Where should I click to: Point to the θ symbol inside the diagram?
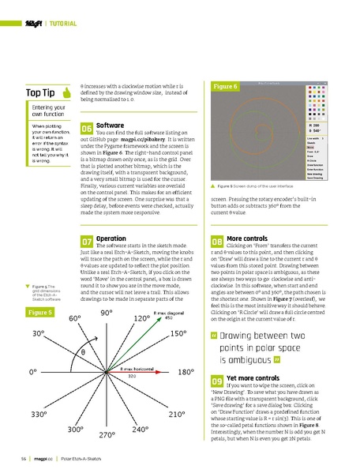tap(81, 351)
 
